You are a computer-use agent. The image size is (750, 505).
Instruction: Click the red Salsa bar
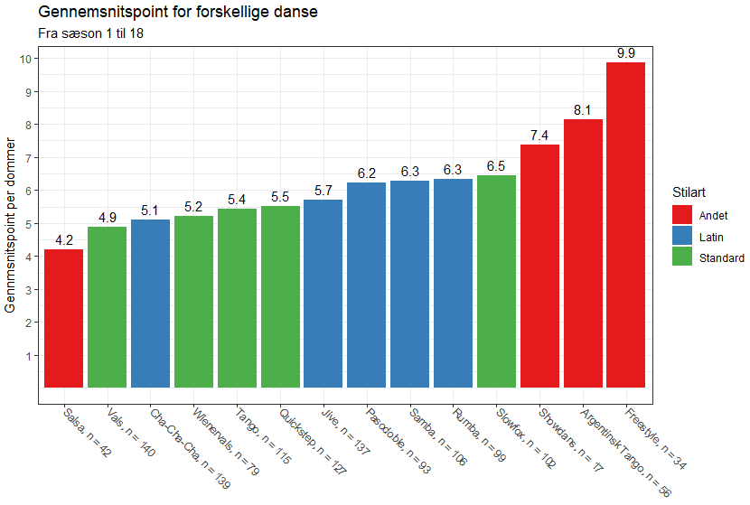[64, 318]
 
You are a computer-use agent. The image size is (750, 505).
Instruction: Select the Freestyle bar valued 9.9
[625, 225]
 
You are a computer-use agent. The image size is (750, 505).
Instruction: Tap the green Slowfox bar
[496, 281]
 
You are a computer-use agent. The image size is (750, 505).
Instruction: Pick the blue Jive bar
[323, 294]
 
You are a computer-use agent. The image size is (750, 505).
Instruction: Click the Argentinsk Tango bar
[583, 253]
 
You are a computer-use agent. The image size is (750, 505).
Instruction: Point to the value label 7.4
[539, 136]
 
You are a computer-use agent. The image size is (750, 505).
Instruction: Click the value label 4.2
[64, 240]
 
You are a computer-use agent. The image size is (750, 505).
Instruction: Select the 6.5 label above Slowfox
[496, 166]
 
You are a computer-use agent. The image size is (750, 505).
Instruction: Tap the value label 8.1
[583, 110]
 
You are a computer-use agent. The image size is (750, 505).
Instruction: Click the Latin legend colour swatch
[682, 236]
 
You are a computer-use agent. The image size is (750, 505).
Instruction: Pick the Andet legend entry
[713, 215]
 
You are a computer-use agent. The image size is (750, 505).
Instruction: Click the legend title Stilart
[689, 192]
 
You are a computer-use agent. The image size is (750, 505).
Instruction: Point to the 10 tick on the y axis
[25, 59]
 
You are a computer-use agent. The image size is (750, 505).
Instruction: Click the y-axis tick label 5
[28, 224]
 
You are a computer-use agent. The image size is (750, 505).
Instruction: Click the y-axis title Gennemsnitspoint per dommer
[12, 224]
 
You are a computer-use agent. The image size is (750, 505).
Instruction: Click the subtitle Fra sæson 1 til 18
[90, 33]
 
